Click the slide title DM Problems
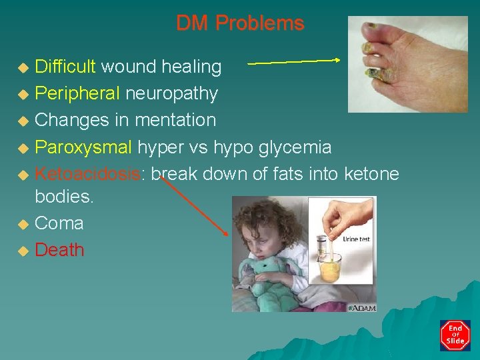(x=240, y=23)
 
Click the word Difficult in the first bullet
(x=65, y=67)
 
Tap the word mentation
(x=175, y=120)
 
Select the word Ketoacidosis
(x=88, y=174)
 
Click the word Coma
(x=59, y=223)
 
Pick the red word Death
(x=59, y=250)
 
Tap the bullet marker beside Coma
(x=23, y=225)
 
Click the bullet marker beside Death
(x=23, y=251)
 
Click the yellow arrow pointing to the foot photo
(x=293, y=61)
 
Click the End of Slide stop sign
(x=455, y=335)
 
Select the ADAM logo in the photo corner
(x=362, y=308)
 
